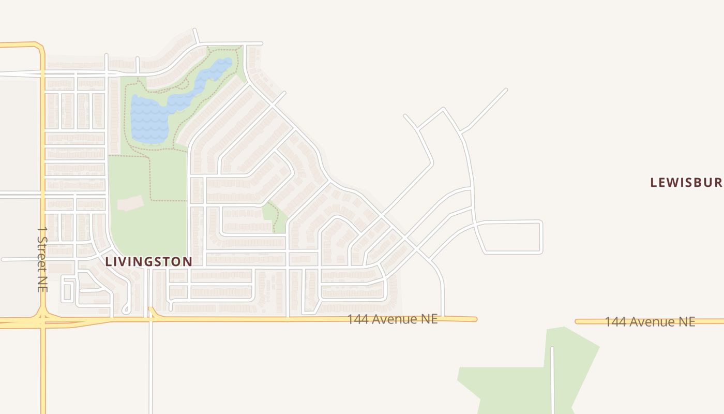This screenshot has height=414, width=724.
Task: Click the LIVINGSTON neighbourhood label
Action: click(x=148, y=262)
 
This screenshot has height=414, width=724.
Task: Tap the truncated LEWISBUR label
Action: click(x=686, y=183)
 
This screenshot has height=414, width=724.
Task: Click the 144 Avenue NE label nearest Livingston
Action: click(x=392, y=319)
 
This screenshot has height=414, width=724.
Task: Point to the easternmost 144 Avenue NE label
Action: click(x=650, y=322)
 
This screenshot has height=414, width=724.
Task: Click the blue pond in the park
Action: click(x=150, y=119)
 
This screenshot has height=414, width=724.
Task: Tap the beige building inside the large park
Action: click(x=130, y=203)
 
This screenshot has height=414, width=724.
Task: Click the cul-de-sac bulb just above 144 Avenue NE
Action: click(x=126, y=309)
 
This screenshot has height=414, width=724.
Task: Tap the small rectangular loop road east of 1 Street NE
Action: click(x=68, y=290)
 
